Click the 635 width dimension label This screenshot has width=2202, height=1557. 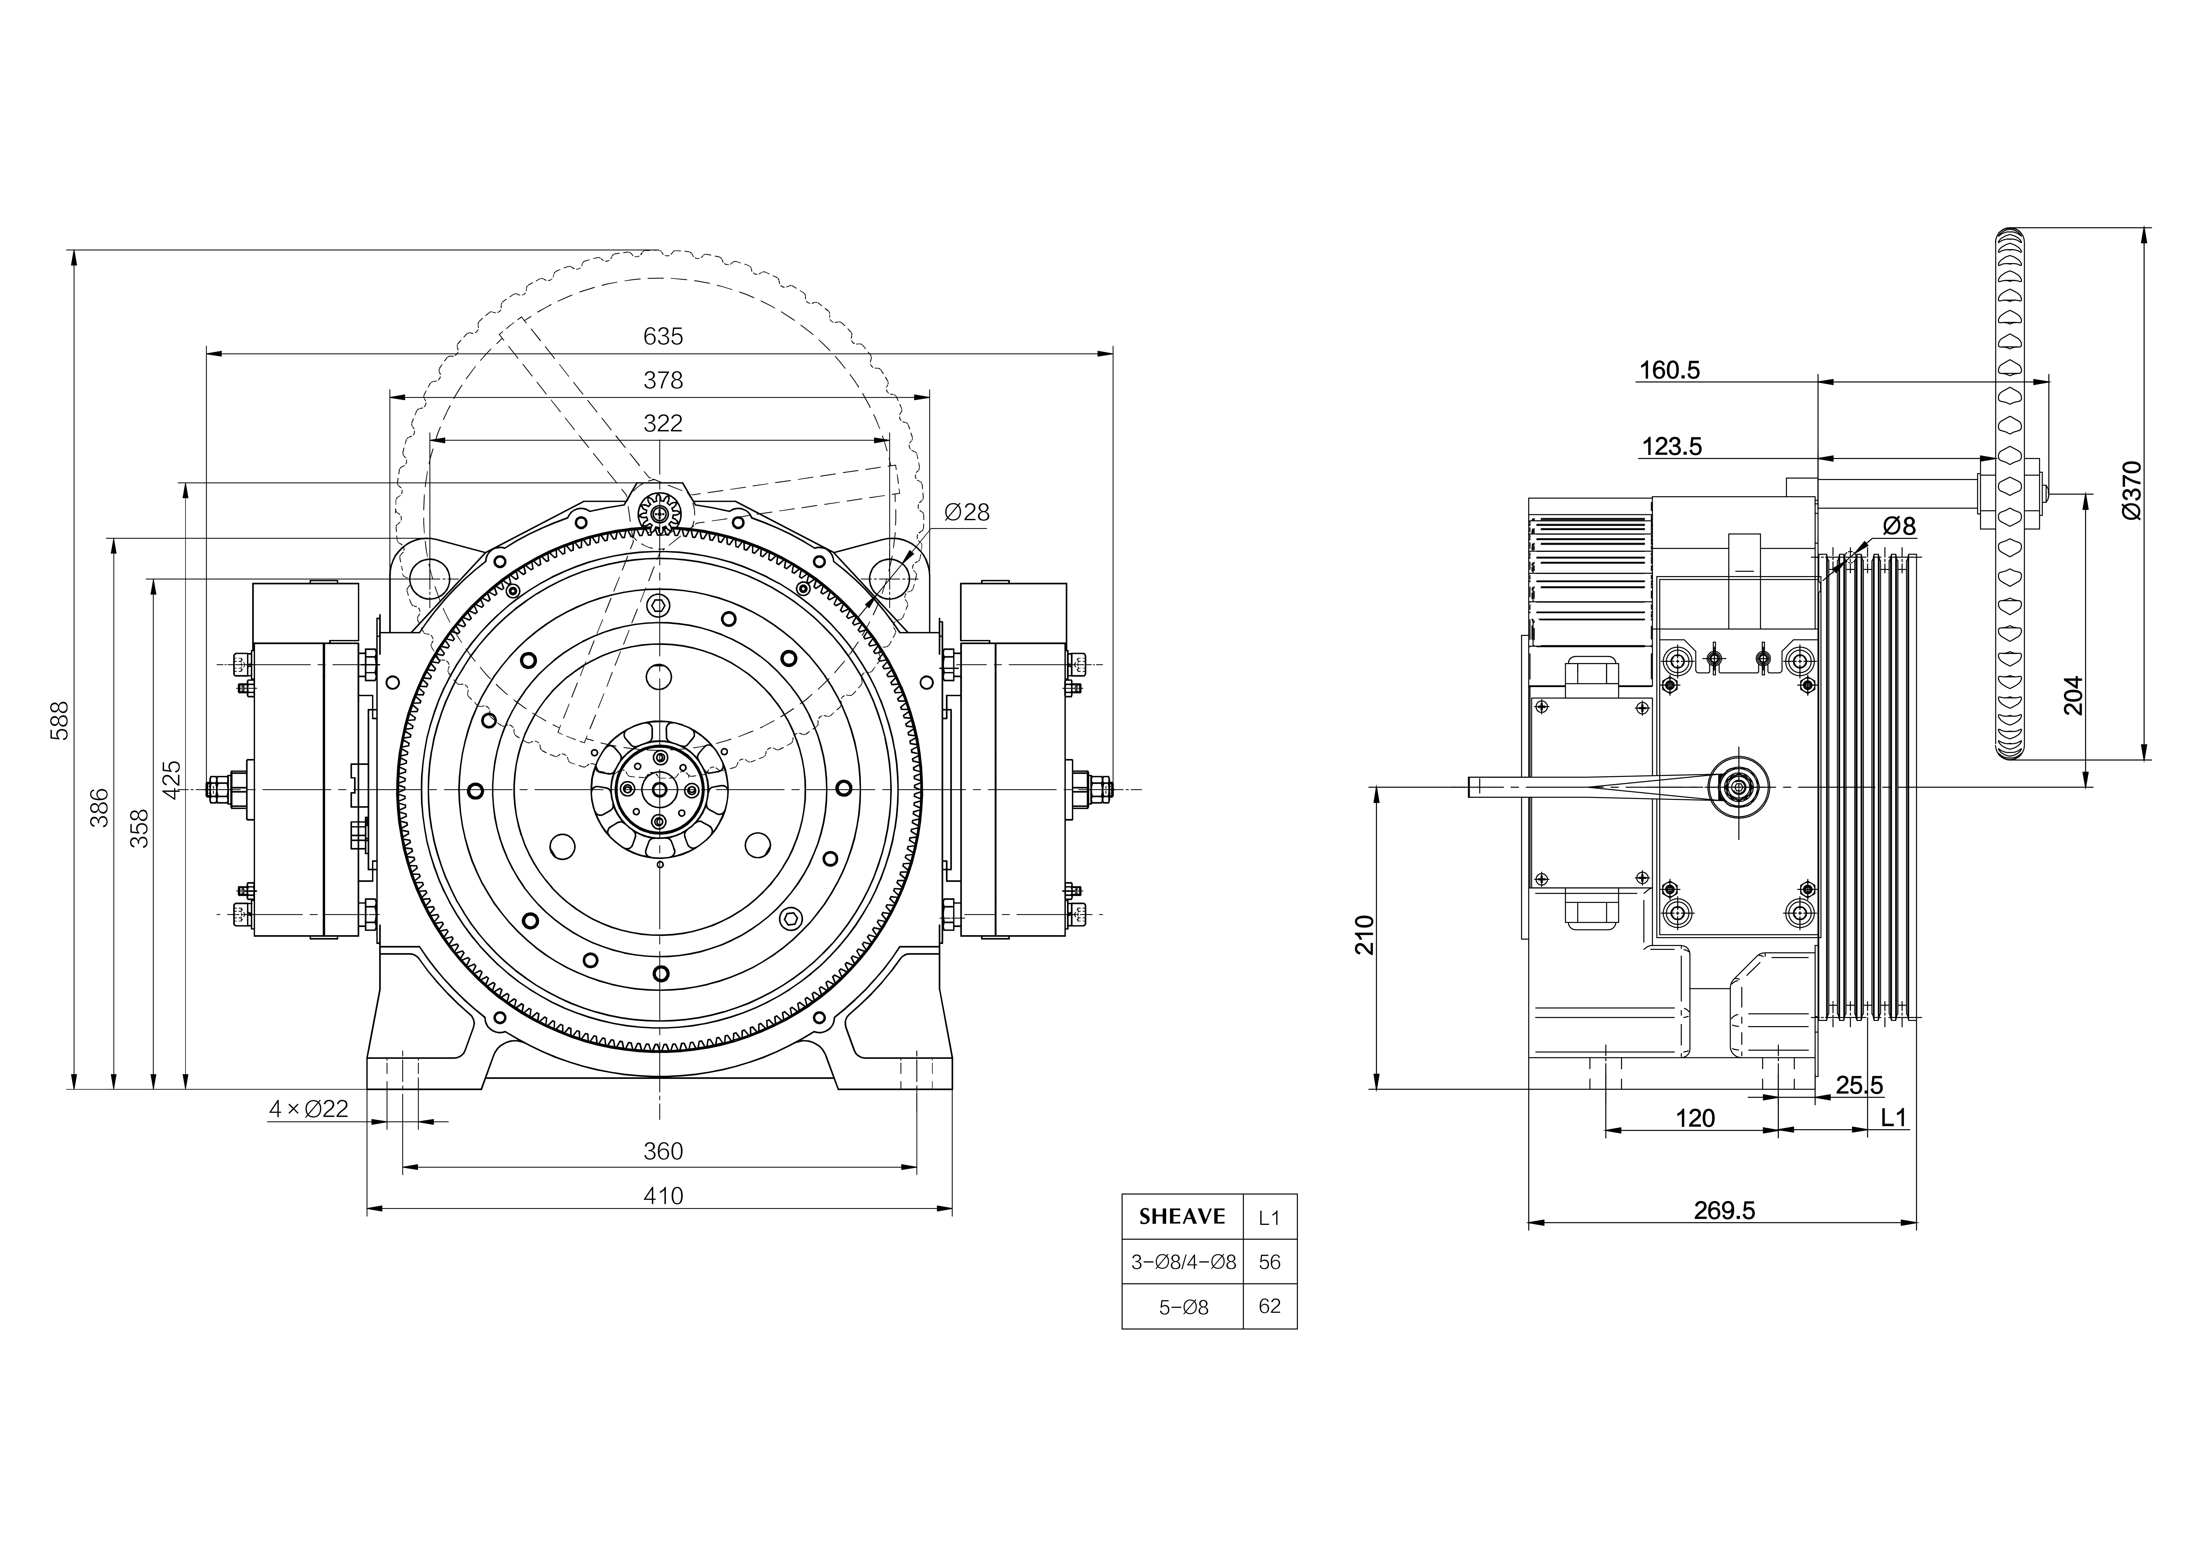coord(663,337)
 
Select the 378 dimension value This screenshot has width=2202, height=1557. coord(663,381)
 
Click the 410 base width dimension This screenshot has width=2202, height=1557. coord(663,1196)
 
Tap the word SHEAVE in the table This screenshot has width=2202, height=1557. coord(1183,1217)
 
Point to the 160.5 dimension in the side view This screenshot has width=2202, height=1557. coord(1670,370)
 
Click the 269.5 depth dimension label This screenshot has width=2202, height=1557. coord(1724,1211)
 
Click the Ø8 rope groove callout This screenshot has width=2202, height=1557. coord(1899,525)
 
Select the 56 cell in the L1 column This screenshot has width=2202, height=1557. coord(1270,1262)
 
